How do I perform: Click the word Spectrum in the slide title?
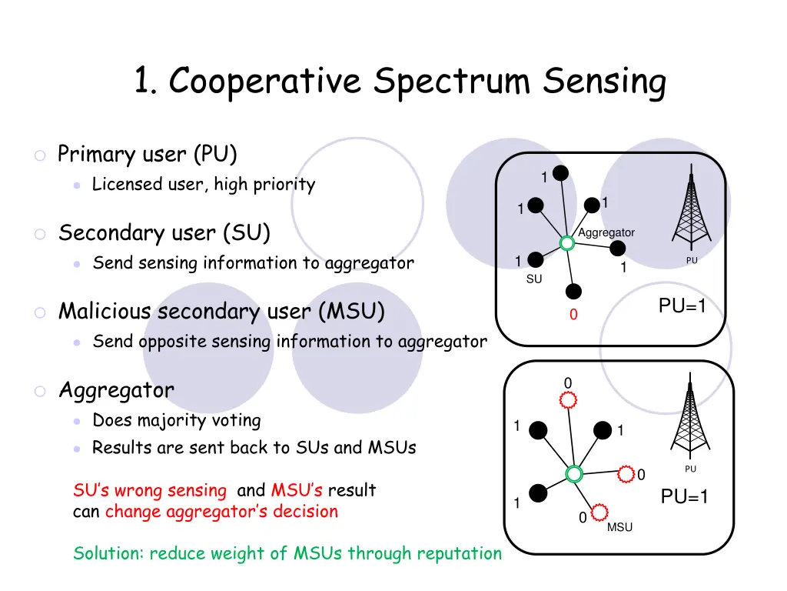453,82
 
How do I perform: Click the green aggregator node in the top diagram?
567,243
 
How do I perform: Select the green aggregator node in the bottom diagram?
573,474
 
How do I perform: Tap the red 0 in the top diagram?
573,316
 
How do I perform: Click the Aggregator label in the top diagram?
606,232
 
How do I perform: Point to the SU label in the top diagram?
534,279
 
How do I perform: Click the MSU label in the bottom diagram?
619,527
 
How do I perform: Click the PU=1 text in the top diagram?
682,307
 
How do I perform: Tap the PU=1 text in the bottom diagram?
684,498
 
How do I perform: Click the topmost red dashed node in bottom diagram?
568,400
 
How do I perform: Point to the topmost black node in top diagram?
562,173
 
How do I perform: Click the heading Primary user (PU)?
148,154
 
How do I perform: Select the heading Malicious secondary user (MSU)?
221,311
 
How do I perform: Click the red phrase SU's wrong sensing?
150,490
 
